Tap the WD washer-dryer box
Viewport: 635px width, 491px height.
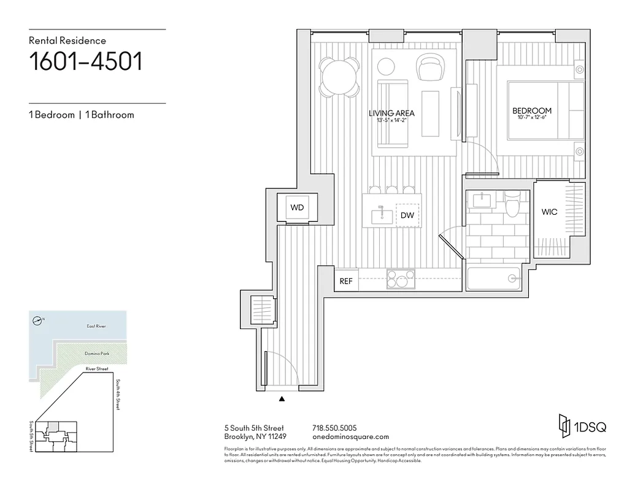pyautogui.click(x=297, y=207)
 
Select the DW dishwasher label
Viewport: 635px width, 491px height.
pyautogui.click(x=407, y=215)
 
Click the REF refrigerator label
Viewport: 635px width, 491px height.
pyautogui.click(x=346, y=282)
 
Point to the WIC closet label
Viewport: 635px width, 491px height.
pyautogui.click(x=549, y=212)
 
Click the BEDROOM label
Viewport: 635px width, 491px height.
pyautogui.click(x=532, y=111)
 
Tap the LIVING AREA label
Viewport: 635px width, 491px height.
pyautogui.click(x=391, y=113)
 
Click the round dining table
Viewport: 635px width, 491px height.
pyautogui.click(x=339, y=77)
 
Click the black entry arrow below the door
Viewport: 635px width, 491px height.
pyautogui.click(x=282, y=399)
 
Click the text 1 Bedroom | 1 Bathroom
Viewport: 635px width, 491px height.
pyautogui.click(x=81, y=115)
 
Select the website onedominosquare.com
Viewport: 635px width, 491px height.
pyautogui.click(x=350, y=437)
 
